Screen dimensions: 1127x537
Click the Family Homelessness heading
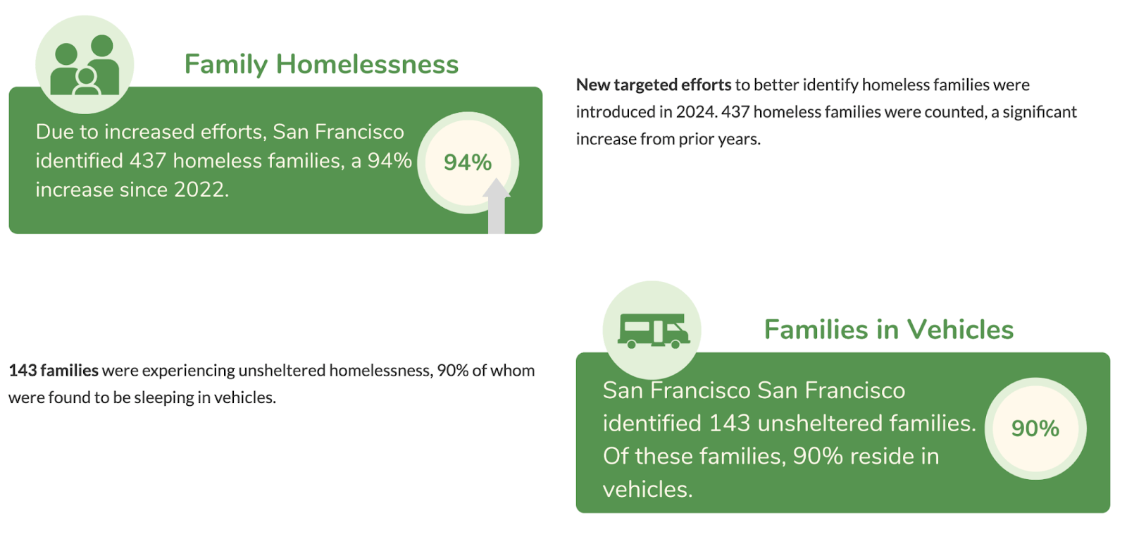(x=321, y=65)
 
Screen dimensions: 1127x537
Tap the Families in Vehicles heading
(x=888, y=330)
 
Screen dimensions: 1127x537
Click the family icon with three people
(x=85, y=65)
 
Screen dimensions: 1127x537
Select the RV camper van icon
(x=653, y=331)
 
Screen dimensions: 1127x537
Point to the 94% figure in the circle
(x=468, y=163)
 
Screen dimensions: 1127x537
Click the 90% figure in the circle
(x=1035, y=428)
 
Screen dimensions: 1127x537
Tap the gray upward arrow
(x=497, y=206)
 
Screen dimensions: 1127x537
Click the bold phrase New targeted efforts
(x=654, y=85)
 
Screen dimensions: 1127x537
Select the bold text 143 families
(x=54, y=371)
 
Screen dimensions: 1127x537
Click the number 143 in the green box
(x=729, y=424)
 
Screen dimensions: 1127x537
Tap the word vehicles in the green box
(x=647, y=489)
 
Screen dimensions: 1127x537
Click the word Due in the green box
(x=54, y=132)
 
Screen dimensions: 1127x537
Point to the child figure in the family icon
(x=87, y=82)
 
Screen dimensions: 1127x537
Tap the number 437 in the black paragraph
(x=735, y=112)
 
